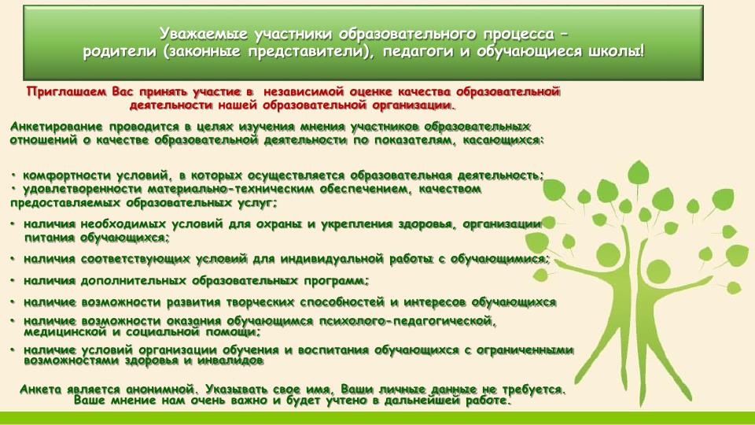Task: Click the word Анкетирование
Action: (x=57, y=128)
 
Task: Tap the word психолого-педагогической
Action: (x=407, y=321)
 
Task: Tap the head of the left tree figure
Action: (x=605, y=252)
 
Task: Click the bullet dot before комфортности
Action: (x=14, y=175)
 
